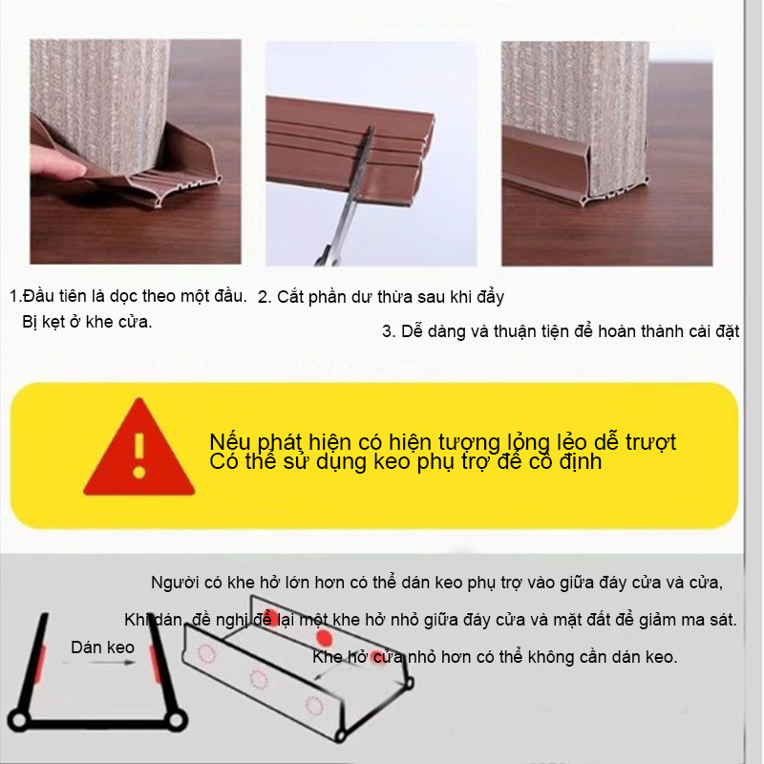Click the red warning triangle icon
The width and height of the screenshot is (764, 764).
(139, 451)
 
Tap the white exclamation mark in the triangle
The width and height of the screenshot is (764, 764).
(139, 456)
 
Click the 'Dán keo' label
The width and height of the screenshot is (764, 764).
(102, 647)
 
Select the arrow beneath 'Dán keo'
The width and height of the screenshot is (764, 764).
(98, 663)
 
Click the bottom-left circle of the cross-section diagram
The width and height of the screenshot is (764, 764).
(18, 720)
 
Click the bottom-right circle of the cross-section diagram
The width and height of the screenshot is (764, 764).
(177, 720)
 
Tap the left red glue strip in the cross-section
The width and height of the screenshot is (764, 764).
(41, 664)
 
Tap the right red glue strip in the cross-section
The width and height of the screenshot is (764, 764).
(155, 664)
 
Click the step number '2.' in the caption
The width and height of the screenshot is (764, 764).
(265, 297)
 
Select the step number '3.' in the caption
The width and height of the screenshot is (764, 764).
(389, 331)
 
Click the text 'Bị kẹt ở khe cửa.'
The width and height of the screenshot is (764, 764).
(87, 322)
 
